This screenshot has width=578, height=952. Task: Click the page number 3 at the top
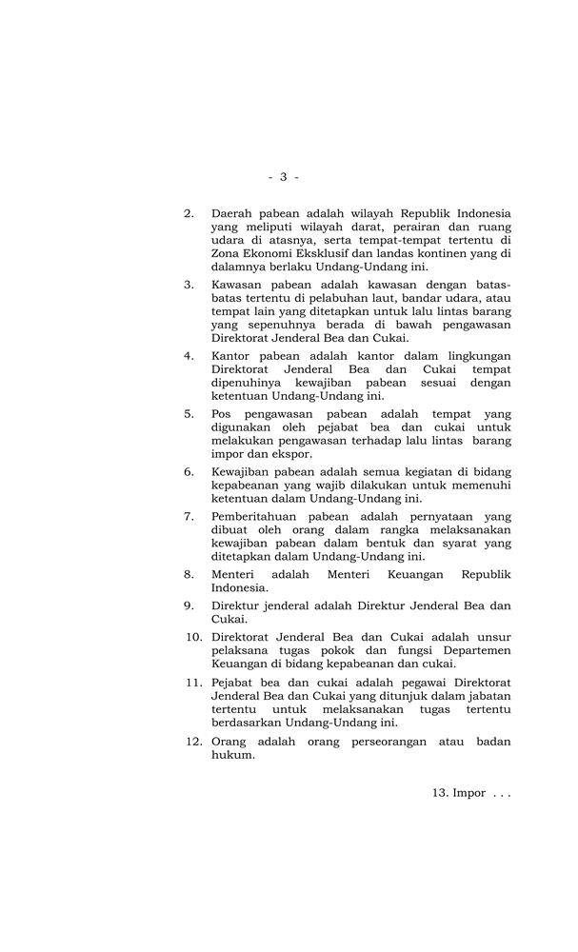283,177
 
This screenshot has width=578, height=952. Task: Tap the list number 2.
189,213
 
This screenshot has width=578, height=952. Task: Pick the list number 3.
189,285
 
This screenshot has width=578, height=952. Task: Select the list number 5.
189,414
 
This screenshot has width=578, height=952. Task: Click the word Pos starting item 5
223,414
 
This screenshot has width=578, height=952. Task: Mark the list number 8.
189,574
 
